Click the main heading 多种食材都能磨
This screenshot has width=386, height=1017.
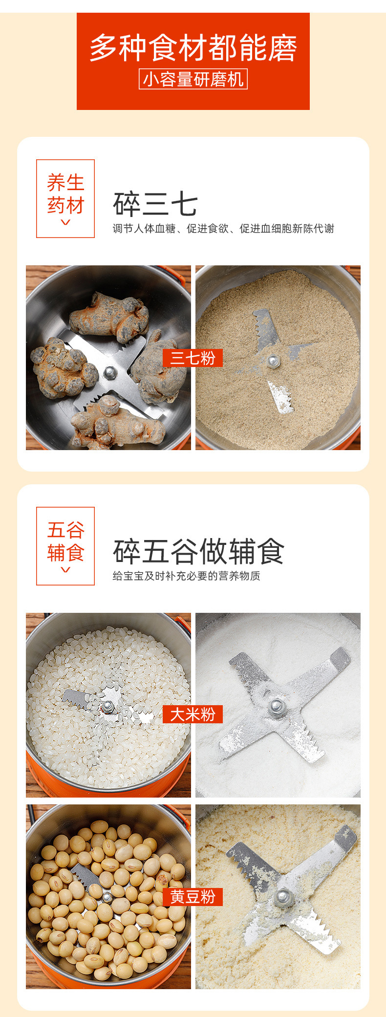(x=193, y=48)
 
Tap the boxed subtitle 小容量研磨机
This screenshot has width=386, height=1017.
(x=193, y=79)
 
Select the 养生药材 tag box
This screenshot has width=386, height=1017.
(x=65, y=198)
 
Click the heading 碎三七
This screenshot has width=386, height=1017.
(x=155, y=204)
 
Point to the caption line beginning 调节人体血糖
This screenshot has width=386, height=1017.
(x=223, y=229)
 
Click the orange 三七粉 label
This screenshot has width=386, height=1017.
(x=193, y=358)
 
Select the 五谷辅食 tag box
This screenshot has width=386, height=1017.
(x=65, y=546)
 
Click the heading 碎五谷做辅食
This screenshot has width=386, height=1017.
(x=198, y=551)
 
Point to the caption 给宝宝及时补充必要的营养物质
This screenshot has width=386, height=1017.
(x=186, y=576)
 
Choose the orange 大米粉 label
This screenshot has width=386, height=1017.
(x=193, y=714)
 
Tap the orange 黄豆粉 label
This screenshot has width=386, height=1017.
(x=193, y=897)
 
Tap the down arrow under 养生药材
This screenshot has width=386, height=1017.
(x=65, y=223)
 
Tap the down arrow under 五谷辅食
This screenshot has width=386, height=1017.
(x=65, y=570)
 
